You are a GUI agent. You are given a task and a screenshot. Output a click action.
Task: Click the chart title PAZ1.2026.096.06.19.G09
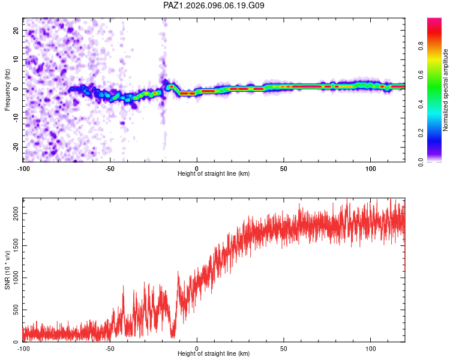point(214,5)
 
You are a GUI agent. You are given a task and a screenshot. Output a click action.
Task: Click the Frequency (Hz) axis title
point(7,90)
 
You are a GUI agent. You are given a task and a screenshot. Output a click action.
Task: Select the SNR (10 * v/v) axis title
point(7,270)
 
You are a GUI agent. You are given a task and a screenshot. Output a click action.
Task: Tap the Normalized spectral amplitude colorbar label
point(445,90)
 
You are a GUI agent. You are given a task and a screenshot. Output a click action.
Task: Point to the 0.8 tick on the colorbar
point(421,46)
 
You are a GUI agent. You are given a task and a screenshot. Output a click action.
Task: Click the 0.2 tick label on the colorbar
point(421,133)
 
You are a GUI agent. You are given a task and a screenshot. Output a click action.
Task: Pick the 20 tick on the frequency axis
point(16,31)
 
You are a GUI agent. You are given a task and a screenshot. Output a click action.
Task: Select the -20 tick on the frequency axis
point(16,148)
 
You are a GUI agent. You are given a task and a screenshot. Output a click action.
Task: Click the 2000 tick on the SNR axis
point(16,214)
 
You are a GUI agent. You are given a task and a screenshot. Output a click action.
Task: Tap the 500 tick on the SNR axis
point(16,310)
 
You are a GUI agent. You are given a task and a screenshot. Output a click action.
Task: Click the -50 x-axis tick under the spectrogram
point(110,169)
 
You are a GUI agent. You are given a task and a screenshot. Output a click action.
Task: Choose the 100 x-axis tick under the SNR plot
point(371,349)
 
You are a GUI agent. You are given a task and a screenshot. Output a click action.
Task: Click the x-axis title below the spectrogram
point(214,173)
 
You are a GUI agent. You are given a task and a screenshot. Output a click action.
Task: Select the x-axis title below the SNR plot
point(214,353)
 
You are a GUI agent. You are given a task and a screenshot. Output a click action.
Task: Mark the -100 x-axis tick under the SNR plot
point(23,349)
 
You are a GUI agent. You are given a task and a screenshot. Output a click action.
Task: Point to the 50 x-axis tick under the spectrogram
point(284,169)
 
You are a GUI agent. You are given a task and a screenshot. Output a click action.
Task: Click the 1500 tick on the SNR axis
point(16,246)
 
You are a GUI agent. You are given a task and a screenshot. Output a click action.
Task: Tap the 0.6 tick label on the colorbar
point(421,74)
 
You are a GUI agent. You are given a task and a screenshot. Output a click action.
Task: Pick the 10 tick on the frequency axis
point(16,60)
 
